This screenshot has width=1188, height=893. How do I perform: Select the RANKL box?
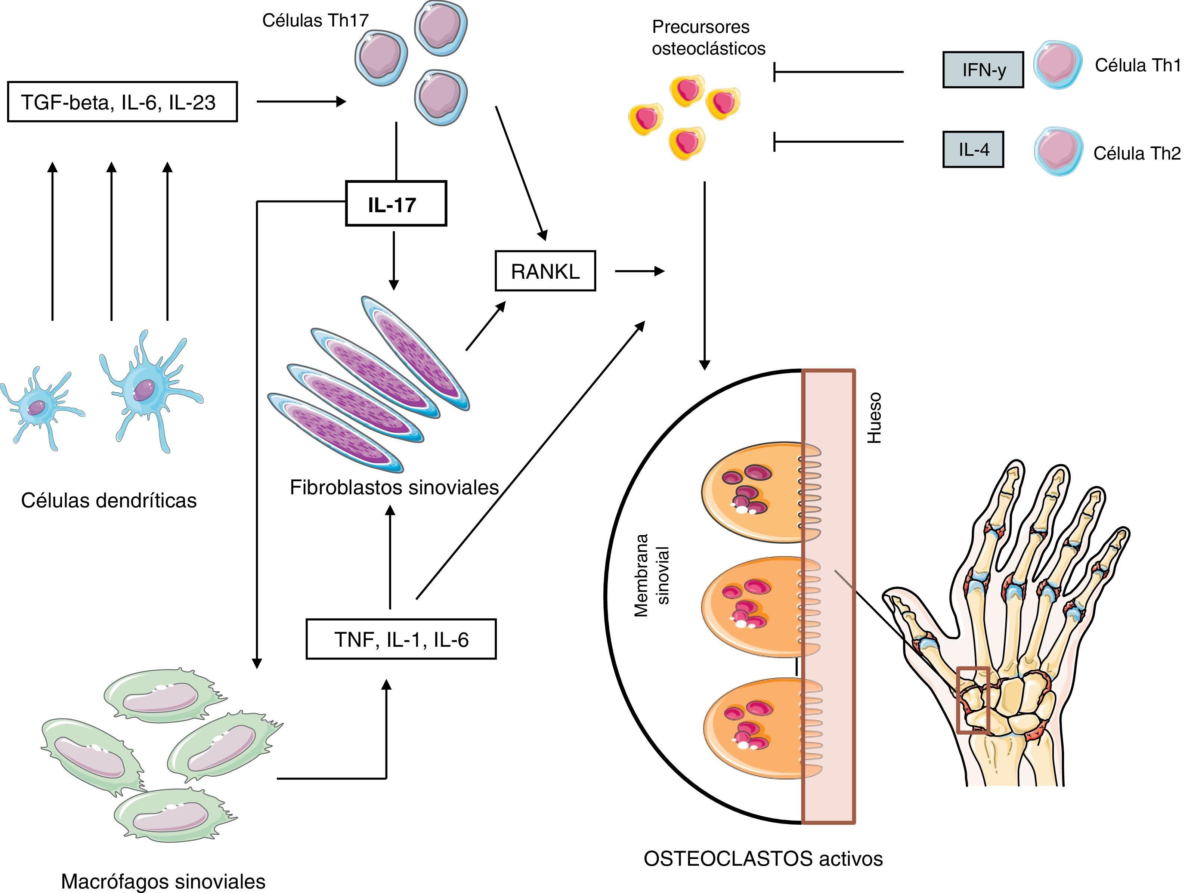pos(545,271)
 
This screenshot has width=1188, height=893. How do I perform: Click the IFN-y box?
pos(983,70)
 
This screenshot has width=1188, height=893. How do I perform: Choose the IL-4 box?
pos(973,149)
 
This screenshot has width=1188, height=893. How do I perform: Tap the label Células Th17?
pos(315,21)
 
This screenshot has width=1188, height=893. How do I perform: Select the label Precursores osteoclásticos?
pos(708,38)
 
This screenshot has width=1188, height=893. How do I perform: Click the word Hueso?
pos(874,418)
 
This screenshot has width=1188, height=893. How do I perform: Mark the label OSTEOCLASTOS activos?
pos(762,859)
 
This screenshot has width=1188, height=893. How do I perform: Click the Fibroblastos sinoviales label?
pos(394,487)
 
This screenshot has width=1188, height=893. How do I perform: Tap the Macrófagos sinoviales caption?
pos(163,881)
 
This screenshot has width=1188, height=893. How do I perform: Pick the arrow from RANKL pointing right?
pos(639,271)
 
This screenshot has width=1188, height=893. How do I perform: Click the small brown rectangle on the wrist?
pos(973,699)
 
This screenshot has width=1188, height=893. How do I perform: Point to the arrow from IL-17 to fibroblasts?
pos(394,260)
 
